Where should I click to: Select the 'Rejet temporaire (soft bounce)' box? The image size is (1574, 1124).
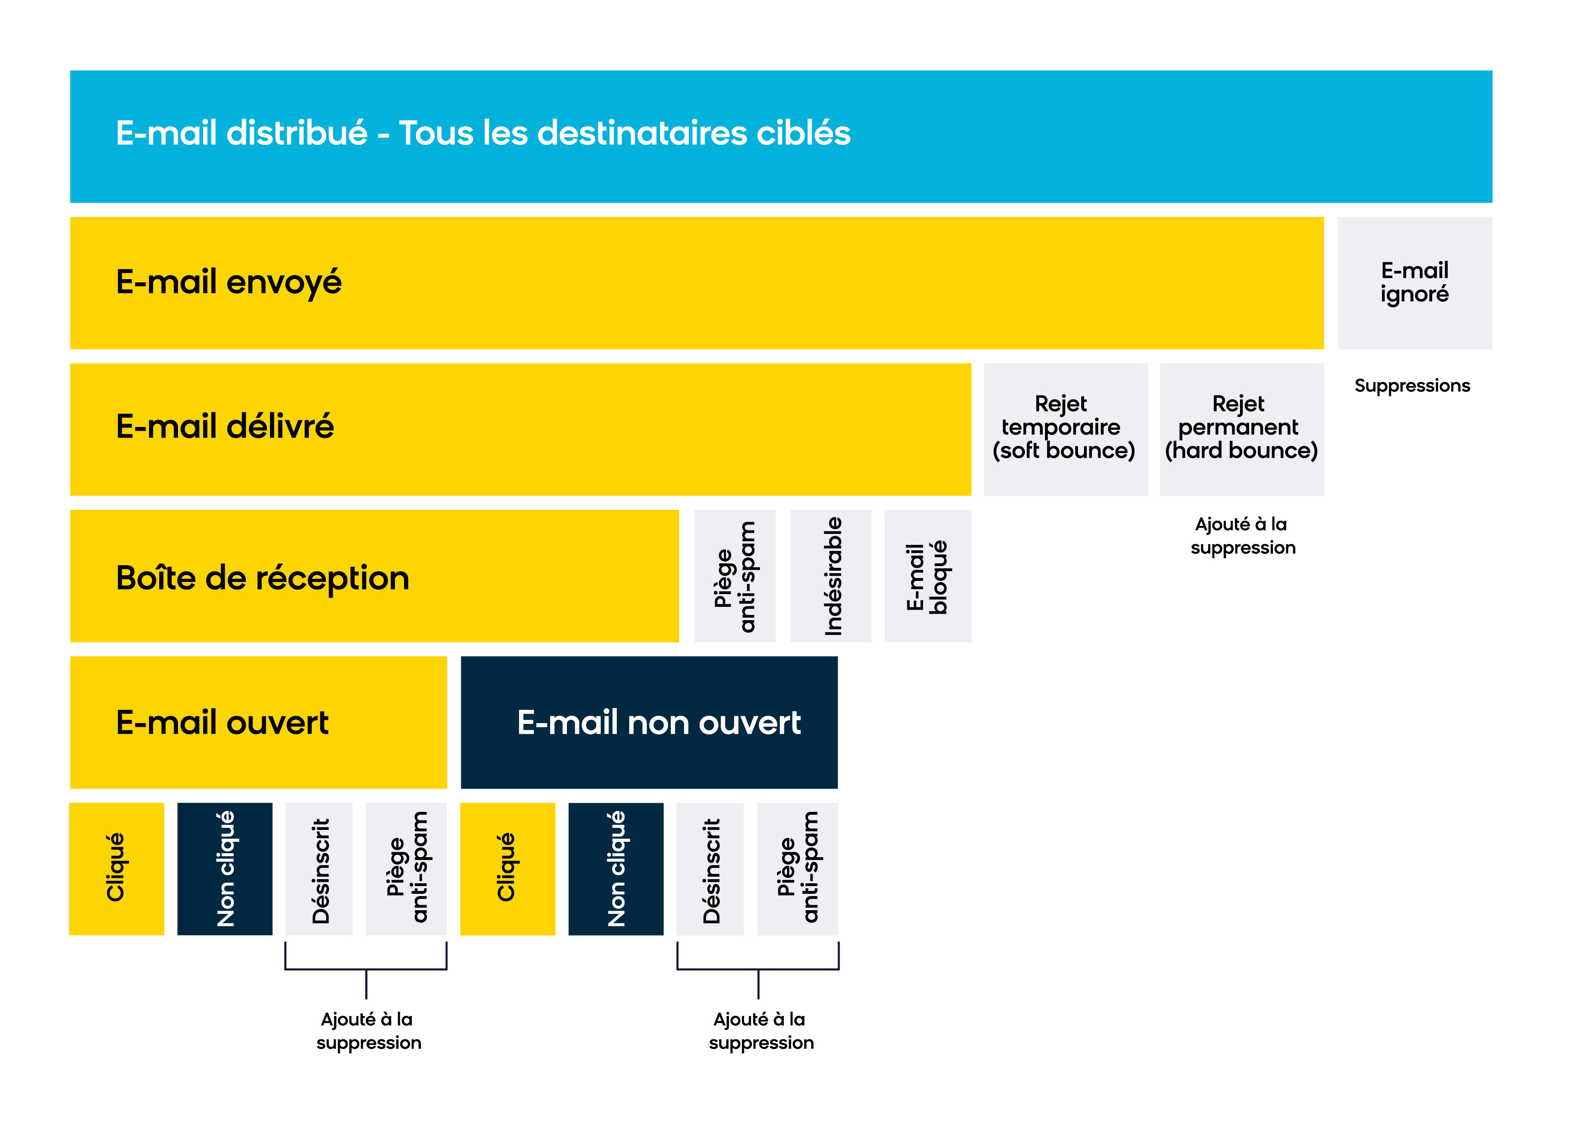[x=1066, y=429]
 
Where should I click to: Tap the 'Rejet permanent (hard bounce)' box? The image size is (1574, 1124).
[x=1241, y=429]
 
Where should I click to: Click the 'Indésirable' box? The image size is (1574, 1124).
[x=830, y=576]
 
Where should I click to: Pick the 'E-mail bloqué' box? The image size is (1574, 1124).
[x=927, y=576]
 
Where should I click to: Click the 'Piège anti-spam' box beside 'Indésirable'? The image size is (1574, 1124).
[x=735, y=576]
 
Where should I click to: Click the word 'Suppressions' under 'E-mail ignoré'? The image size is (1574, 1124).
[x=1412, y=385]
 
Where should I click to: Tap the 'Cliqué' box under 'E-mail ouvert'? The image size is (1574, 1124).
[x=116, y=869]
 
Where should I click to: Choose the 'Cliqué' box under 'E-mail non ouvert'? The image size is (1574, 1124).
[x=507, y=869]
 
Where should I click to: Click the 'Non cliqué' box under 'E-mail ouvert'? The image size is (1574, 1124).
[x=225, y=869]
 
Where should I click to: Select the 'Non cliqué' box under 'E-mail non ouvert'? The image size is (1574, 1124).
[x=616, y=869]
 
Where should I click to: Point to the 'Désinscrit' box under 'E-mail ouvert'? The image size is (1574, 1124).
[x=319, y=869]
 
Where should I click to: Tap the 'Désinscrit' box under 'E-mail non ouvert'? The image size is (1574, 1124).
[x=710, y=869]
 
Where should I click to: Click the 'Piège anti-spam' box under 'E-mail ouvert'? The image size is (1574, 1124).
[x=406, y=869]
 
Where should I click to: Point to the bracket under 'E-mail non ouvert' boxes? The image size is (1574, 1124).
[x=758, y=969]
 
